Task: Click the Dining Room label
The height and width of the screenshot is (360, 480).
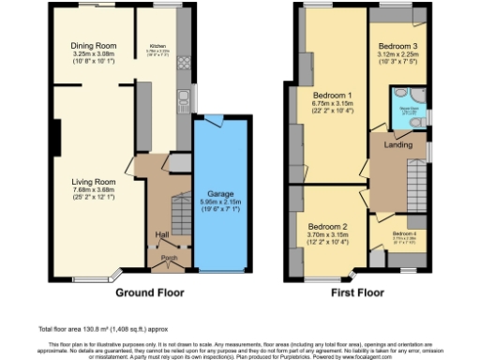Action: coord(93,44)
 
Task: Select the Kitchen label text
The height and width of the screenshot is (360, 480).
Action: coord(157,45)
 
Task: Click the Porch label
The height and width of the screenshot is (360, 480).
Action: coord(169,256)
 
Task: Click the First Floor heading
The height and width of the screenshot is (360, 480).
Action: coord(358,292)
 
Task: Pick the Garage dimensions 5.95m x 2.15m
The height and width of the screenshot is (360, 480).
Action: coord(222,203)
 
